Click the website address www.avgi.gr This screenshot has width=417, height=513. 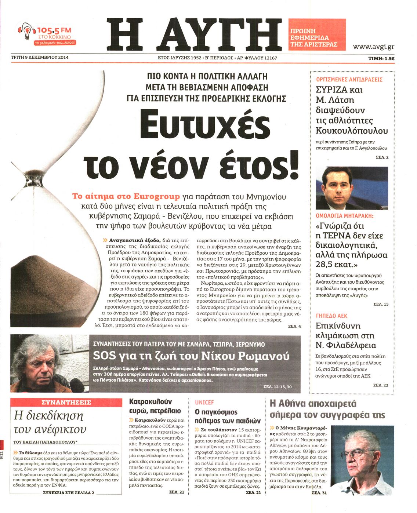373,47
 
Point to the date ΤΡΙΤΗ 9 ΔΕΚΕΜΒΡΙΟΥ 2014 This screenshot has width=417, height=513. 40,57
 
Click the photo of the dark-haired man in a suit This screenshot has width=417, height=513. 351,188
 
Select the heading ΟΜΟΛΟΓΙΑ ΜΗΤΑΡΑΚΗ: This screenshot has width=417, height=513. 344,216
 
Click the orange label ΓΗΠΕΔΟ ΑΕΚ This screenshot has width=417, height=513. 331,316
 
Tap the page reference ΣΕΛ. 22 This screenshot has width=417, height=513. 380,385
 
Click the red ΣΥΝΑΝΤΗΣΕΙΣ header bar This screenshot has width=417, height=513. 66,402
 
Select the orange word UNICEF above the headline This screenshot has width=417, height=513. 204,403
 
